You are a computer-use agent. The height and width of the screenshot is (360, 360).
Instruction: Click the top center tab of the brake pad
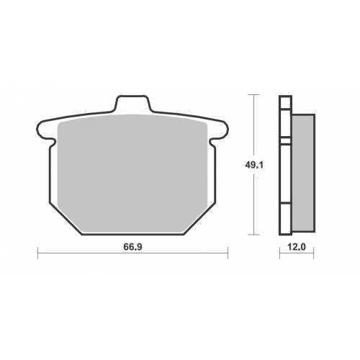[132, 104]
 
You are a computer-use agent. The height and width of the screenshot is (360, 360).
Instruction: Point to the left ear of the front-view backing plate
[45, 131]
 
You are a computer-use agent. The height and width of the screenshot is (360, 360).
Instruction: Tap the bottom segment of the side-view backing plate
[284, 219]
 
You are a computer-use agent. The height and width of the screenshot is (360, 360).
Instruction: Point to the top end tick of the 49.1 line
[252, 94]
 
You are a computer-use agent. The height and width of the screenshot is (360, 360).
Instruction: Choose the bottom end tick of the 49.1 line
[252, 235]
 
